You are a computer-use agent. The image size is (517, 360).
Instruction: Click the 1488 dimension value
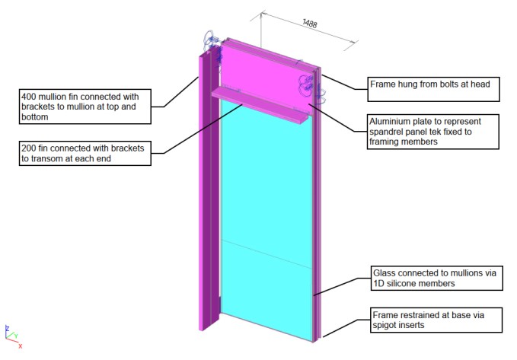point(310,23)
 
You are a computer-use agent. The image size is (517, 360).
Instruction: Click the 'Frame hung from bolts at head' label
point(432,88)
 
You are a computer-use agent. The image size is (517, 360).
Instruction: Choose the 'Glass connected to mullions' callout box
point(436,278)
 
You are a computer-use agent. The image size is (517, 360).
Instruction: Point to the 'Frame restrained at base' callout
point(436,320)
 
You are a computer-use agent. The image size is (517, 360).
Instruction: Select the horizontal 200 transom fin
point(259,105)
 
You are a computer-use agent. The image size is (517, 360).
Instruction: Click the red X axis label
point(21,346)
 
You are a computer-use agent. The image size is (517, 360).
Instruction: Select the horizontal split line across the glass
point(266,253)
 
